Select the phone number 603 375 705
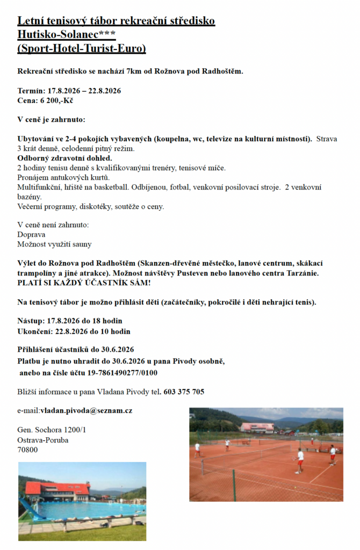click(x=184, y=392)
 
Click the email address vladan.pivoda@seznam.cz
click(x=86, y=410)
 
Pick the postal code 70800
click(x=27, y=450)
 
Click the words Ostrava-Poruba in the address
click(x=43, y=440)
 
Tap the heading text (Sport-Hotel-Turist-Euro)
click(x=82, y=49)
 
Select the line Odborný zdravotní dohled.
click(x=64, y=158)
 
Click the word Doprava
click(x=31, y=234)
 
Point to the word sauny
click(x=82, y=244)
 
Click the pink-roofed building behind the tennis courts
click(x=257, y=427)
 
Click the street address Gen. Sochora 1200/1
click(x=52, y=430)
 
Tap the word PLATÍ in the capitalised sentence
click(x=30, y=283)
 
